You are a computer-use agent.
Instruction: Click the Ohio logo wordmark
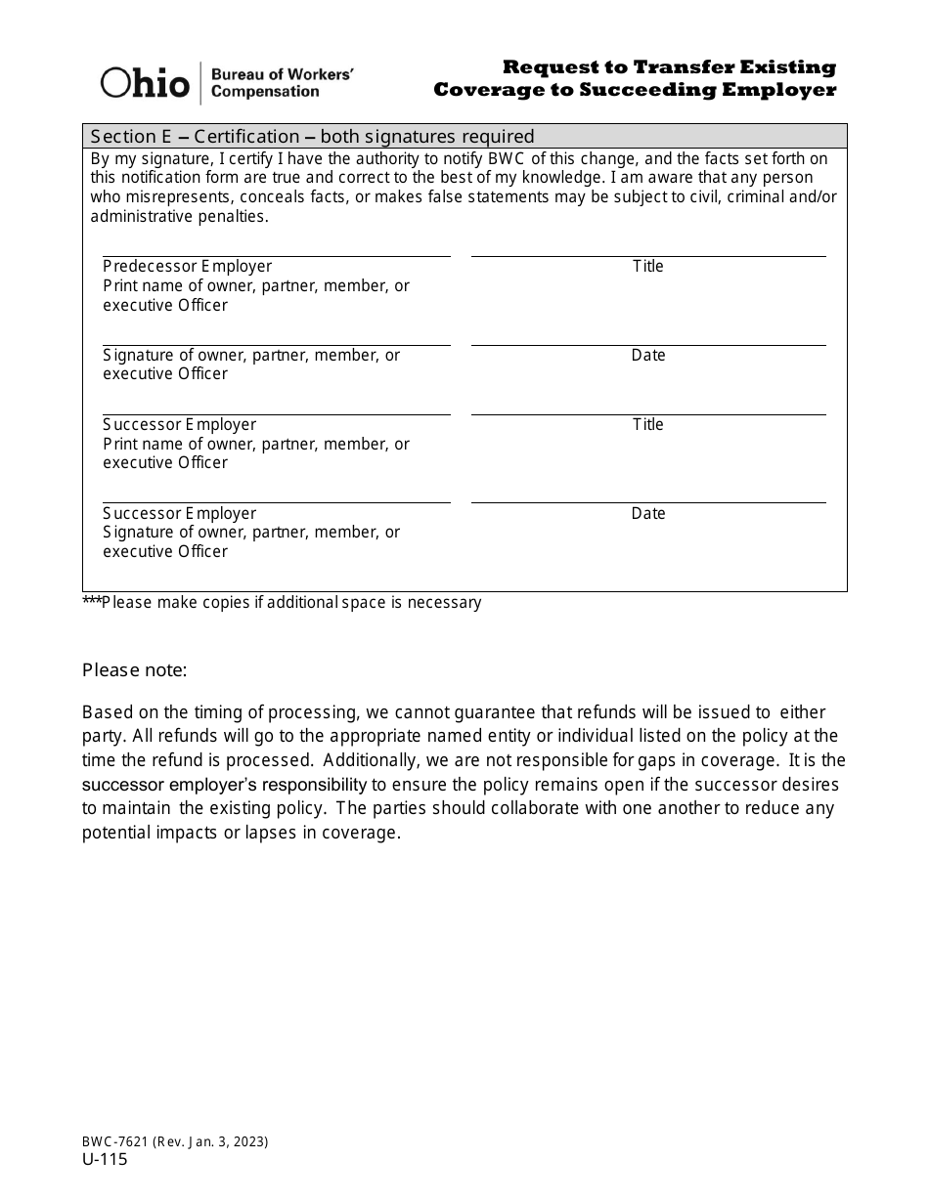(x=145, y=83)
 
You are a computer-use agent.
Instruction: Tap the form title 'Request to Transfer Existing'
(x=669, y=67)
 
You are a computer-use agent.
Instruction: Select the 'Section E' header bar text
(x=312, y=136)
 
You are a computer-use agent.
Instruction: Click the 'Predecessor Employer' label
(x=188, y=267)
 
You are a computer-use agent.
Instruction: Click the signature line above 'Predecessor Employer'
(x=276, y=256)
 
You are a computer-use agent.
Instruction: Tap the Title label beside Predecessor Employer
(x=647, y=267)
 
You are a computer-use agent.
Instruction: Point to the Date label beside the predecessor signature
(x=647, y=356)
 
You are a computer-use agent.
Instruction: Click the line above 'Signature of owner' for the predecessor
(x=276, y=345)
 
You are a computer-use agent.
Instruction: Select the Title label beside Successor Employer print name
(x=647, y=425)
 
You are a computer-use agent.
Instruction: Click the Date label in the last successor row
(x=647, y=514)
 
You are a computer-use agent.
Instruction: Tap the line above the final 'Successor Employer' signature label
(x=276, y=502)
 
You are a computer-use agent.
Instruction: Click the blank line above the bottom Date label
(x=647, y=502)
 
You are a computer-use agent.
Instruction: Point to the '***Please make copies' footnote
(x=282, y=603)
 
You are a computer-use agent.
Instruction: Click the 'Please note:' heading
(x=134, y=670)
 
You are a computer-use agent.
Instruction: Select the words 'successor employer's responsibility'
(x=224, y=785)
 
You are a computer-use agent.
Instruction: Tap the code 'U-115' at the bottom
(x=105, y=1160)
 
